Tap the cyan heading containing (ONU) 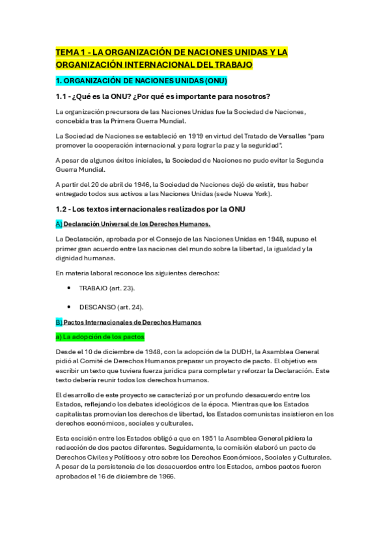coord(141,81)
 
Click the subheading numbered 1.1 coord(163,97)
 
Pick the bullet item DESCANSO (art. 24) coord(111,307)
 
